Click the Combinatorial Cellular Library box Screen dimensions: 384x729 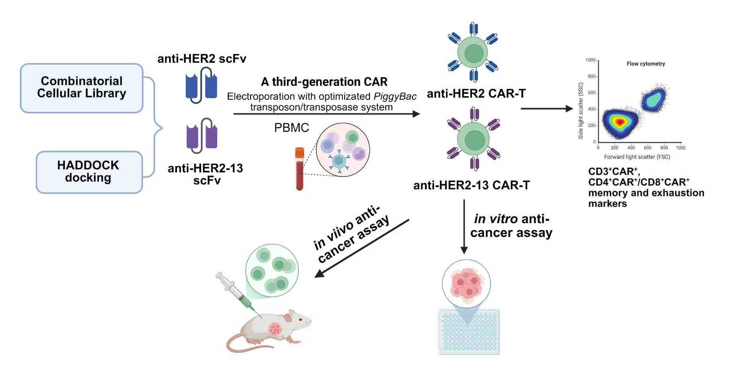coord(82,88)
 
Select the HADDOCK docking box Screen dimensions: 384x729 coord(89,172)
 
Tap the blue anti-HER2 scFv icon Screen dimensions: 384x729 coord(201,85)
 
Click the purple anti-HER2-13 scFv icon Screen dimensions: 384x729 coord(202,136)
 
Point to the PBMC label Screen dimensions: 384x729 coord(291,128)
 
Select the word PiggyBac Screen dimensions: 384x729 coord(395,97)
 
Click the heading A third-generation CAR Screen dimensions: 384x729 coord(324,82)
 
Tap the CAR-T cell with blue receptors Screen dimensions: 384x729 coord(473,52)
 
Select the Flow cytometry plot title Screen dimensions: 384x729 coord(646,64)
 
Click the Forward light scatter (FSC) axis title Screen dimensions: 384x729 coord(637,157)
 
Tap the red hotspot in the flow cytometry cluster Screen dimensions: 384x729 coord(619,122)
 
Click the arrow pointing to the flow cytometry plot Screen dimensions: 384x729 coord(546,109)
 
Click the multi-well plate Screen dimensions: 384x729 coord(469,331)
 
